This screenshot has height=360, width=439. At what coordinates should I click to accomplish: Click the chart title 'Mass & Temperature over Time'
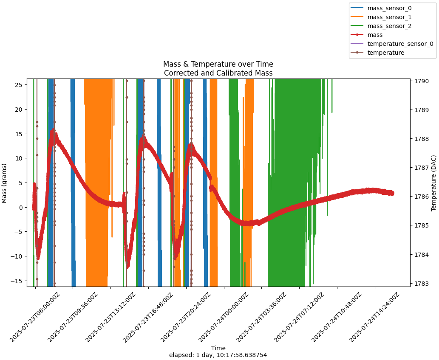click(x=218, y=64)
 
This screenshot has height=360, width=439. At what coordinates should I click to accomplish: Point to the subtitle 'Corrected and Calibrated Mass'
click(x=218, y=73)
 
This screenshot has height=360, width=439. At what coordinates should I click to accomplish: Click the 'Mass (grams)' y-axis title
click(x=4, y=183)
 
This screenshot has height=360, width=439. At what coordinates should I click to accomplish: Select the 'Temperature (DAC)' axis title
click(x=434, y=183)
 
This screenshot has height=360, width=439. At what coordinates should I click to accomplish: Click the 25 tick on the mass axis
click(x=18, y=84)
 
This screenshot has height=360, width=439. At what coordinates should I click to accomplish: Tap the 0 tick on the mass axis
click(x=20, y=207)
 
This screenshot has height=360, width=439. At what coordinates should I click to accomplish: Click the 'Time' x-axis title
click(x=218, y=348)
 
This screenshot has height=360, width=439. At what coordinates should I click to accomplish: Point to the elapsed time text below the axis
click(x=218, y=355)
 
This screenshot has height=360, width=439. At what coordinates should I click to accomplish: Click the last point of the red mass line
click(x=392, y=193)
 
